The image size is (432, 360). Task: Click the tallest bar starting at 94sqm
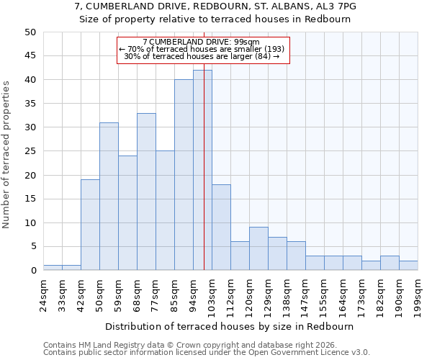pyautogui.click(x=202, y=170)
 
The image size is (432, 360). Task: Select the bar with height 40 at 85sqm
pyautogui.click(x=184, y=175)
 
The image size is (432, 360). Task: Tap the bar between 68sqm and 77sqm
pyautogui.click(x=146, y=192)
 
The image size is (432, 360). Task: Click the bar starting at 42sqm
pyautogui.click(x=90, y=225)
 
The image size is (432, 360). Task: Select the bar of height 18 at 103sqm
pyautogui.click(x=221, y=228)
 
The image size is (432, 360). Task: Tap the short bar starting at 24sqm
pyautogui.click(x=53, y=268)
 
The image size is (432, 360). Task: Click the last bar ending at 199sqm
pyautogui.click(x=408, y=266)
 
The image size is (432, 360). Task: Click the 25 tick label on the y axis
pyautogui.click(x=30, y=151)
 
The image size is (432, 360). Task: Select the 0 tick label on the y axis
pyautogui.click(x=33, y=271)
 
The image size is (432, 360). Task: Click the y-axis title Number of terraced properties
pyautogui.click(x=6, y=155)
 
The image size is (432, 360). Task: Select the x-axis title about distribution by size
pyautogui.click(x=230, y=326)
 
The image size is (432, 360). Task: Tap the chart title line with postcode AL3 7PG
pyautogui.click(x=215, y=6)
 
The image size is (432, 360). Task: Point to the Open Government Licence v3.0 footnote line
pyautogui.click(x=207, y=353)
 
